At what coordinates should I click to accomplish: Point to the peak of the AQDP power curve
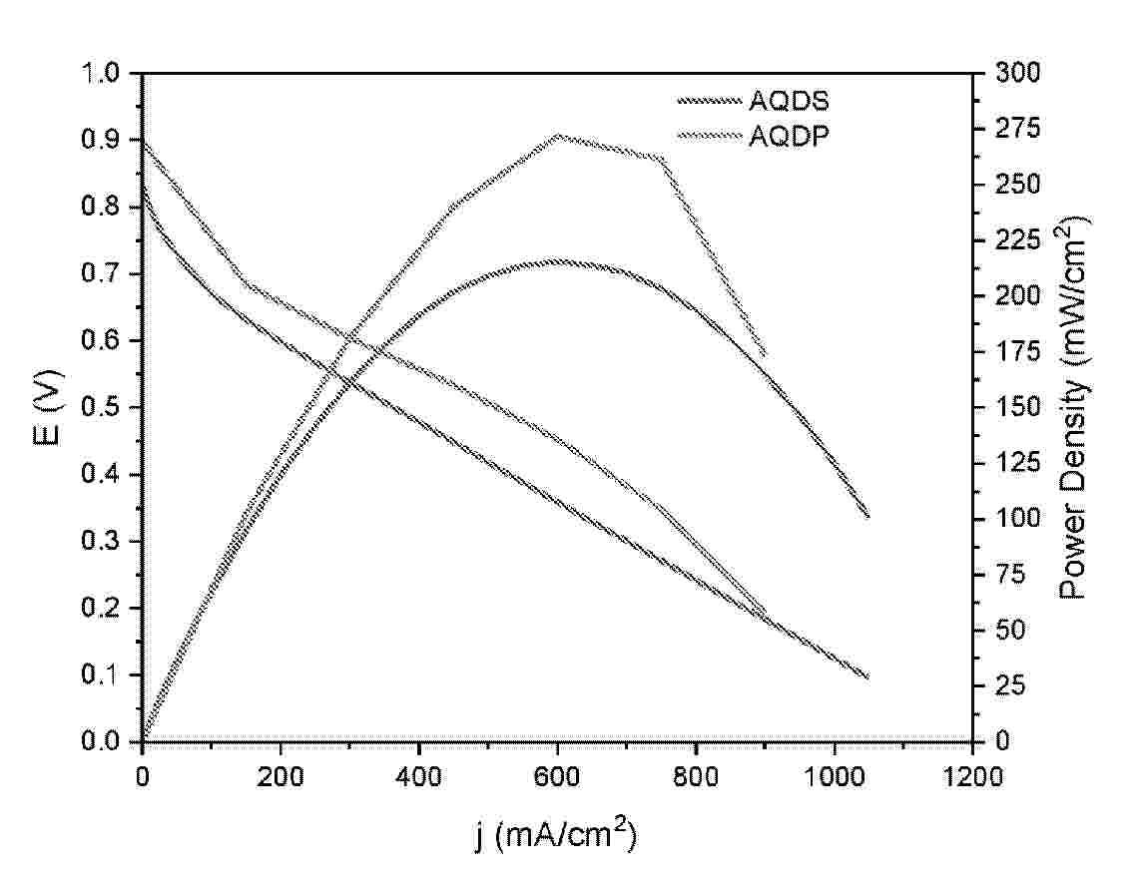coord(558,135)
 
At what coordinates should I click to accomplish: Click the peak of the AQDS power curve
coord(558,261)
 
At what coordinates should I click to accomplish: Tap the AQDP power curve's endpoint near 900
coord(765,354)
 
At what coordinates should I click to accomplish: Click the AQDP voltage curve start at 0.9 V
coord(144,142)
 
